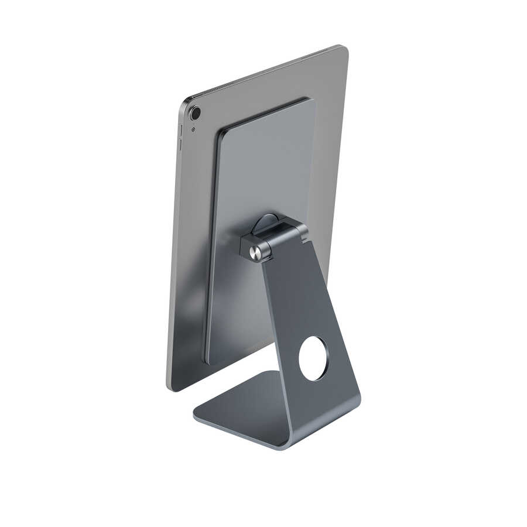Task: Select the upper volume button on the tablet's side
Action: click(x=180, y=129)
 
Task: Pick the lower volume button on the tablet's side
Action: click(x=180, y=145)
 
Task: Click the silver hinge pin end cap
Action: click(x=255, y=253)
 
